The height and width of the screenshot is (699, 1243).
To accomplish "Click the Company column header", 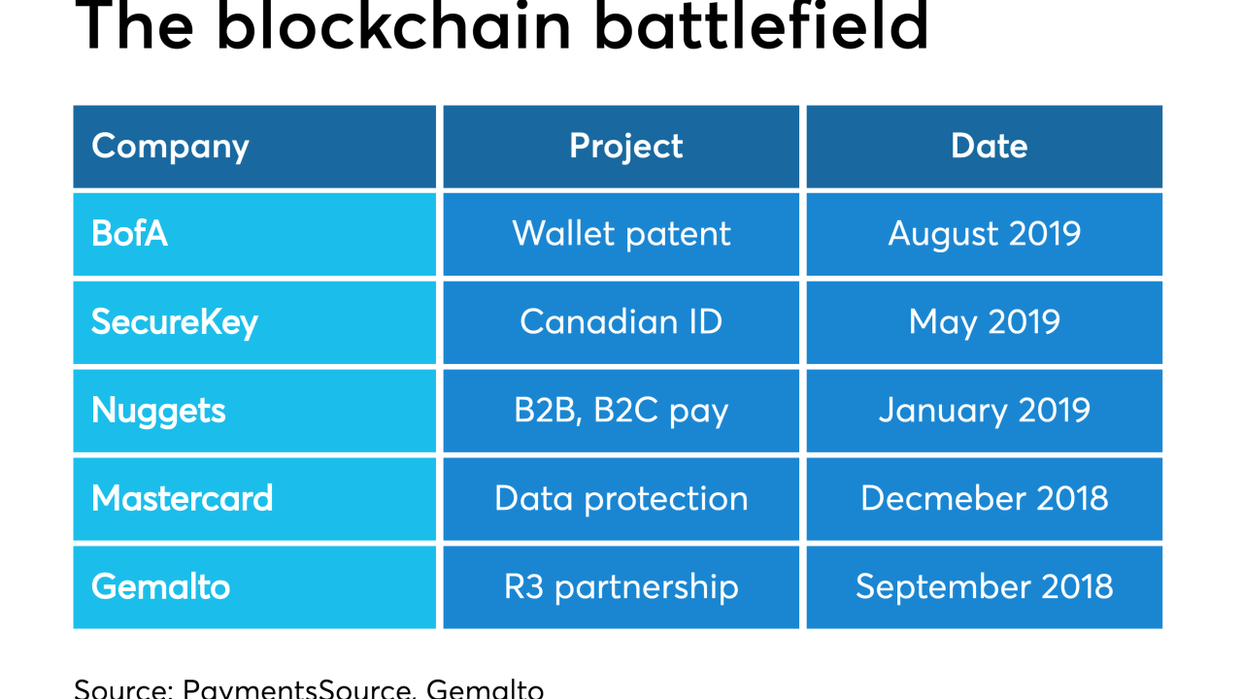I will (x=171, y=147).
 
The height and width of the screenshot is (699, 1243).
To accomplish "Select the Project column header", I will (x=625, y=147).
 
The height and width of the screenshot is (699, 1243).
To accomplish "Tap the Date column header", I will (x=989, y=147).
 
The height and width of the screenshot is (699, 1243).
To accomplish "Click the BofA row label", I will (x=130, y=234).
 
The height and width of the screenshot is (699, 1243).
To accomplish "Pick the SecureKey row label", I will (x=175, y=322).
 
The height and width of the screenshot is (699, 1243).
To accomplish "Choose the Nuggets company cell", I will (x=158, y=411).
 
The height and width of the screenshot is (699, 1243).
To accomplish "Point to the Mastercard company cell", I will (x=183, y=499).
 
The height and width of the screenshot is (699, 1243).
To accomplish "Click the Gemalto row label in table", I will (x=161, y=587).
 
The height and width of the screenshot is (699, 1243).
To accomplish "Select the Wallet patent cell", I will (x=621, y=234).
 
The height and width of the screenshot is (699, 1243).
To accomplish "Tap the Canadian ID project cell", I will (x=621, y=322).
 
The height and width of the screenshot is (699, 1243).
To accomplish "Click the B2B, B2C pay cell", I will (x=621, y=411).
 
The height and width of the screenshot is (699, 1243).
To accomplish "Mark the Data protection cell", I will (x=621, y=499).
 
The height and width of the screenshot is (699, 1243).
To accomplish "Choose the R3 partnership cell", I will (x=621, y=587).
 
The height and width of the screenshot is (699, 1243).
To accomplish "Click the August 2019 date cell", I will (x=985, y=234).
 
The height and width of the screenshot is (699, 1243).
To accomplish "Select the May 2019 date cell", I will (x=985, y=322).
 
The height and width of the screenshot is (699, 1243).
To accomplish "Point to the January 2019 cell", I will (x=985, y=411).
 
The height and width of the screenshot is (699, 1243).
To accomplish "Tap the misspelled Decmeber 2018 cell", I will (x=985, y=499).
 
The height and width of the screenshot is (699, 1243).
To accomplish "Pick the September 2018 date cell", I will (x=985, y=587).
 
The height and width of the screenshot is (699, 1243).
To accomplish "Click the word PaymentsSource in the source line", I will (x=297, y=688).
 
